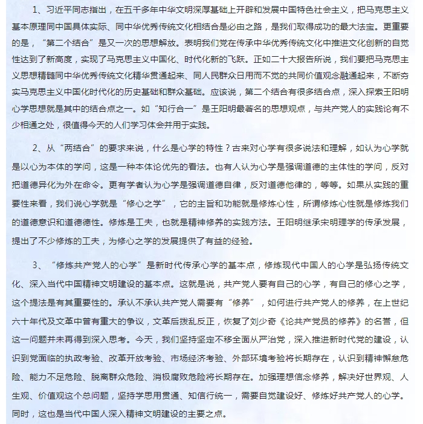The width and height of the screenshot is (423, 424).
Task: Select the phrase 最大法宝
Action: pos(363,27)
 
